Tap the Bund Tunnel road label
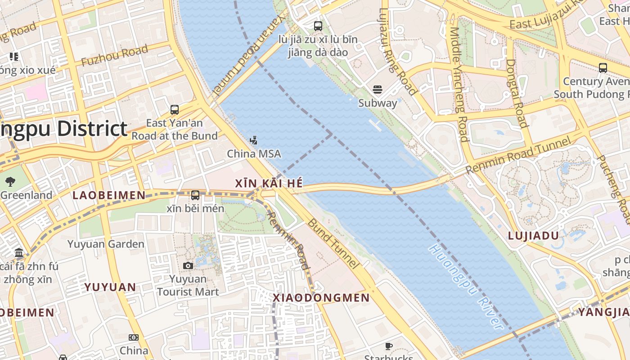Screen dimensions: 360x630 tap(333, 244)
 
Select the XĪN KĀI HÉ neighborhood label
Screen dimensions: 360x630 tap(269, 184)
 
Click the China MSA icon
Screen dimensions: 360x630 tap(254, 140)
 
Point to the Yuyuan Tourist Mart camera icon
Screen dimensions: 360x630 tap(188, 266)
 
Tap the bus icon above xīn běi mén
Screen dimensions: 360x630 tap(195, 195)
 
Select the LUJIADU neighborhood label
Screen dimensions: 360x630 tap(533, 236)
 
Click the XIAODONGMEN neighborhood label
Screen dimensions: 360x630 tap(321, 298)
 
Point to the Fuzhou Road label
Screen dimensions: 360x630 tap(115, 56)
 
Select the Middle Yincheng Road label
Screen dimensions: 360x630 tap(459, 85)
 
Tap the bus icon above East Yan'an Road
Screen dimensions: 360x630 tap(175, 109)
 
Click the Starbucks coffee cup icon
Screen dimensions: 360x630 tap(389, 346)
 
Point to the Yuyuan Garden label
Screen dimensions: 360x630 tap(106, 244)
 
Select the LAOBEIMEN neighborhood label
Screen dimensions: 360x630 tap(109, 195)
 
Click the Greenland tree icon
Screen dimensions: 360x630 tap(10, 182)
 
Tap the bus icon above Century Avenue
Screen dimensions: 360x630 tap(603, 68)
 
